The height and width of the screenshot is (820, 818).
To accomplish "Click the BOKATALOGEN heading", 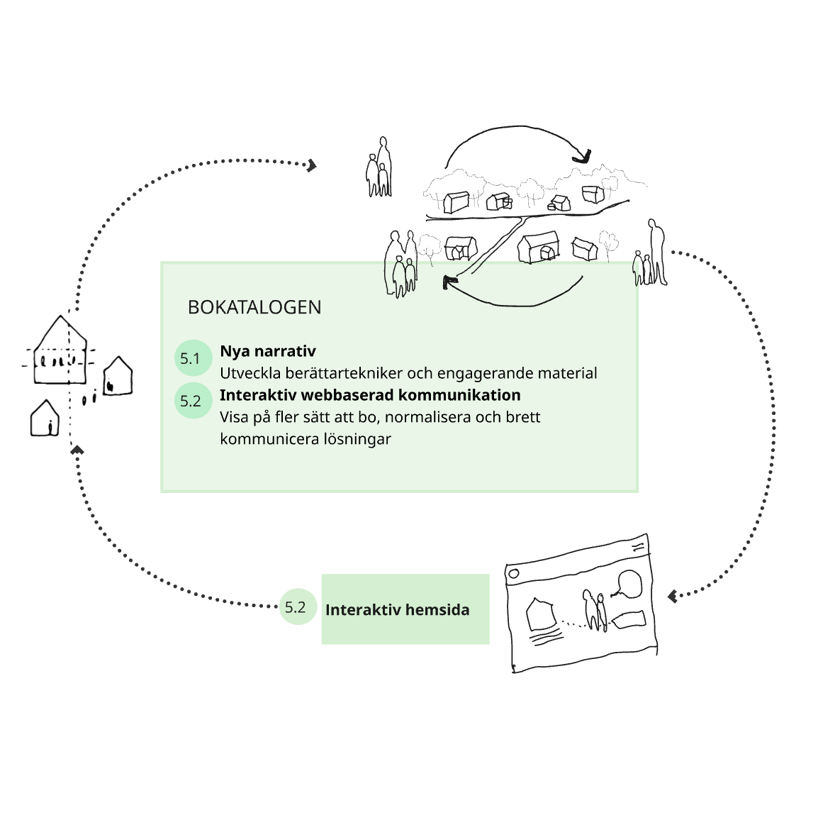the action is point(254,307).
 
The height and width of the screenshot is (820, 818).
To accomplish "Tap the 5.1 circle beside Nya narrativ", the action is point(193,358).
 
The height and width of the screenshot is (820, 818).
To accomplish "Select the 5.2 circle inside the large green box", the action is point(193,401).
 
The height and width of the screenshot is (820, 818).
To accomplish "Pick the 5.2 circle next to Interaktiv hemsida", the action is point(298,606).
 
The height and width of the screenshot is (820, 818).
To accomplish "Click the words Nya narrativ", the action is point(268,351).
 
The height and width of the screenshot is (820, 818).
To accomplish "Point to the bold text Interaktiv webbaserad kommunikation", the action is point(370,395).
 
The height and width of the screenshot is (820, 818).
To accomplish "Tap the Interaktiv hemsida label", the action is point(397,610).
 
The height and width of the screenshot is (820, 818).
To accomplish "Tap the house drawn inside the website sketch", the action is point(540,614).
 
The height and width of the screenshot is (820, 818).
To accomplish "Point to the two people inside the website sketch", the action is point(595,610).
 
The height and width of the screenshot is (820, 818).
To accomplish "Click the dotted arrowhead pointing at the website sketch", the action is point(673,596).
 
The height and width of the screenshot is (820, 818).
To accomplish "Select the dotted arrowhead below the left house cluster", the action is point(77,449).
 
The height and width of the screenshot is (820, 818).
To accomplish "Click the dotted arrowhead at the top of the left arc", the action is point(312,166).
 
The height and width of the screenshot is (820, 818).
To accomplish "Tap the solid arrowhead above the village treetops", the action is point(583,157).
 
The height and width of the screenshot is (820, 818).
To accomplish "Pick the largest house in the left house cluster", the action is point(60,350).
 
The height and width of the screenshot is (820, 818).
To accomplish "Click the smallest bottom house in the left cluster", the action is point(45,419).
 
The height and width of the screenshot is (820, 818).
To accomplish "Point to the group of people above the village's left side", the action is point(379,167).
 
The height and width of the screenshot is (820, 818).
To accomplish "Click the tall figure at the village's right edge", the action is point(657,252).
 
